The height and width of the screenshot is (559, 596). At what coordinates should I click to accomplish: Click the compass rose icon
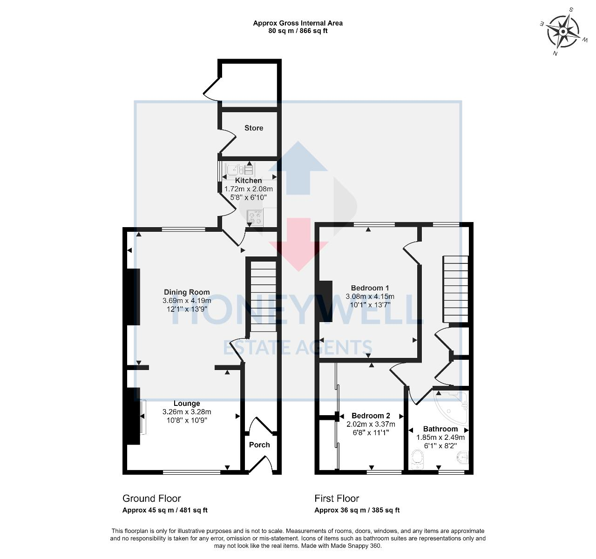click(x=562, y=32)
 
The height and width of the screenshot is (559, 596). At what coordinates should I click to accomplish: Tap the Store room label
click(x=254, y=128)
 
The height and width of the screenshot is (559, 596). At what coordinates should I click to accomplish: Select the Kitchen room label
click(x=248, y=181)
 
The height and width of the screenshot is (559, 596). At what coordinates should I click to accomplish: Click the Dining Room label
click(x=186, y=292)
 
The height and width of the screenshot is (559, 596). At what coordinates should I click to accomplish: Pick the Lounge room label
click(x=187, y=404)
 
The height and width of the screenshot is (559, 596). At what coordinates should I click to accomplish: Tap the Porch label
click(x=259, y=445)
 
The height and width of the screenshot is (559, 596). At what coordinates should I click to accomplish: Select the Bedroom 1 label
click(x=370, y=288)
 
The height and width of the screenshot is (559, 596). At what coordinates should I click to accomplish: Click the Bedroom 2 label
click(x=371, y=416)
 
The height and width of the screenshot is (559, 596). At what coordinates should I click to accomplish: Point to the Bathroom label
click(x=440, y=429)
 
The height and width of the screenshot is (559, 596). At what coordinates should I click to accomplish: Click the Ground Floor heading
click(x=151, y=498)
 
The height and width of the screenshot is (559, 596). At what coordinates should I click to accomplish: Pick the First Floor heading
click(x=337, y=498)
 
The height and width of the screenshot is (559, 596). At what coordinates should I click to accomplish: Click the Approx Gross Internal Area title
click(x=298, y=23)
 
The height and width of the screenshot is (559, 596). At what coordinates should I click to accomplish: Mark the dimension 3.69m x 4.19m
click(x=186, y=301)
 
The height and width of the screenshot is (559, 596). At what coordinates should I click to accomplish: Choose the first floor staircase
click(x=455, y=289)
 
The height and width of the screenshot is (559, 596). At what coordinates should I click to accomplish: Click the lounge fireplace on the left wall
click(x=133, y=416)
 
